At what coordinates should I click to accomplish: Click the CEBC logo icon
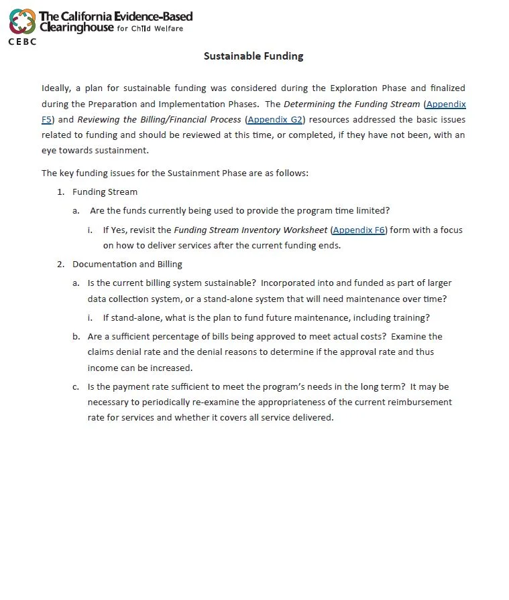(x=22, y=21)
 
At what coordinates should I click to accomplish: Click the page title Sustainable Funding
(x=253, y=56)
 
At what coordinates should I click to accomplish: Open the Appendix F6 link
(x=359, y=230)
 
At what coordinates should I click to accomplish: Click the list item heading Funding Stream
(x=105, y=192)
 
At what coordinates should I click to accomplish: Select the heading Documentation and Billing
(x=127, y=265)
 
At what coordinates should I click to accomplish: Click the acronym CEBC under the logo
(x=22, y=42)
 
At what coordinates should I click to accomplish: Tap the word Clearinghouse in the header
(x=76, y=28)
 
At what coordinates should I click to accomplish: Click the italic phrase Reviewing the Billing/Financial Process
(x=159, y=120)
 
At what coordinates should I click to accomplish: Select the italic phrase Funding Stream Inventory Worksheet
(x=251, y=230)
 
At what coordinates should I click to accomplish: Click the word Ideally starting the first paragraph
(x=55, y=88)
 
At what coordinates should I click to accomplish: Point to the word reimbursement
(x=420, y=402)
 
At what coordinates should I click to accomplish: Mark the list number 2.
(x=60, y=265)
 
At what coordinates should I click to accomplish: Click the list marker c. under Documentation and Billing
(x=76, y=387)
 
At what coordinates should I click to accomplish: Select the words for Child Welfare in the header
(x=150, y=29)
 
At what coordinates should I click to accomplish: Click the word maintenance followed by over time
(x=380, y=299)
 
